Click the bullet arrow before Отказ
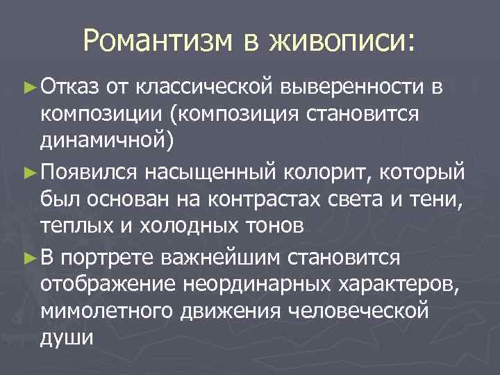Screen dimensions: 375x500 [x=28, y=87]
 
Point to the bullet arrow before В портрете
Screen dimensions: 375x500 [x=28, y=258]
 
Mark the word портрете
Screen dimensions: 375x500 [x=107, y=258]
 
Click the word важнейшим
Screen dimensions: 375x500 [x=224, y=258]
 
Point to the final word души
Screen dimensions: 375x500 [x=66, y=339]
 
